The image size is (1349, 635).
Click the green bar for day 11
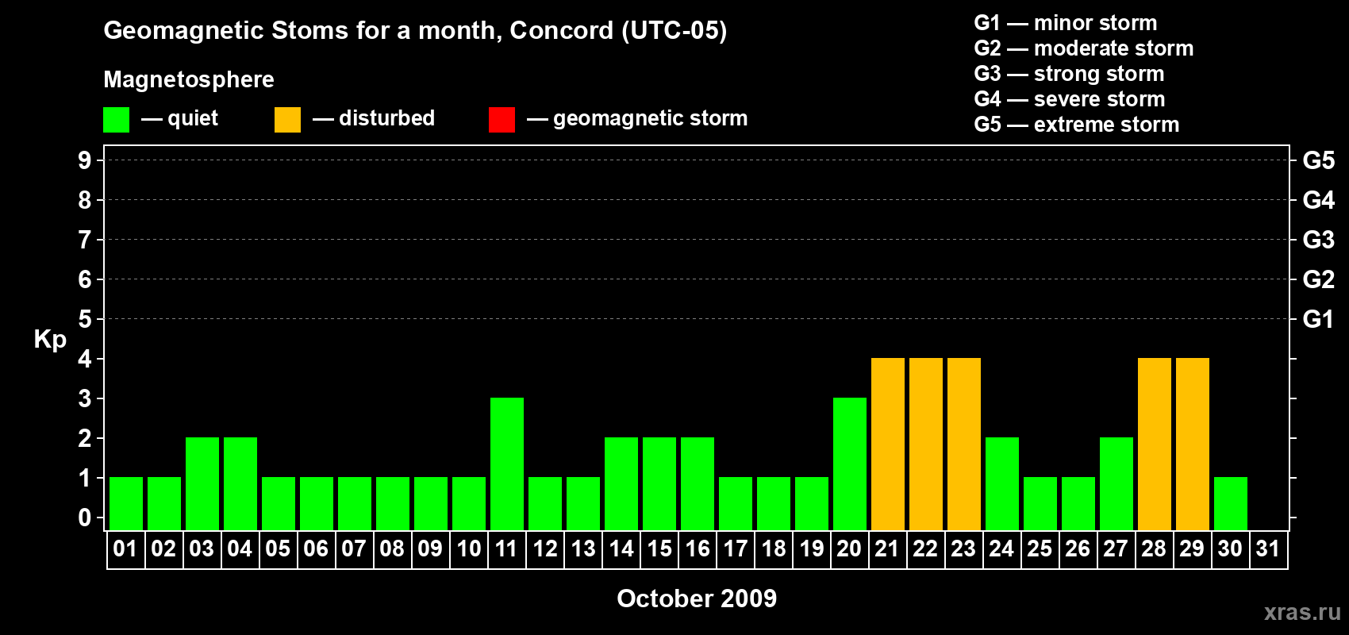pyautogui.click(x=507, y=464)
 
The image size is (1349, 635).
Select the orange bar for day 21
pyautogui.click(x=888, y=444)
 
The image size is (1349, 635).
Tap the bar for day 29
pyautogui.click(x=1193, y=444)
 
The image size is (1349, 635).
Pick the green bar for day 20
pyautogui.click(x=850, y=464)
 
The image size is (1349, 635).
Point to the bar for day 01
pyautogui.click(x=126, y=504)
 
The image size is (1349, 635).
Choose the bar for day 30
pyautogui.click(x=1230, y=504)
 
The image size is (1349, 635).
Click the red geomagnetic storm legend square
pyautogui.click(x=502, y=119)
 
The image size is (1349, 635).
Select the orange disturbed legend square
pyautogui.click(x=287, y=119)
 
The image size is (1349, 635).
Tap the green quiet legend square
pyautogui.click(x=116, y=119)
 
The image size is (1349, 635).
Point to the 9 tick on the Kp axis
pyautogui.click(x=84, y=160)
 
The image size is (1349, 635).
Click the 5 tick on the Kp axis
pyautogui.click(x=84, y=319)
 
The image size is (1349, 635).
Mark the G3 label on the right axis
pyautogui.click(x=1319, y=240)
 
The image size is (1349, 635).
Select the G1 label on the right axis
pyautogui.click(x=1318, y=319)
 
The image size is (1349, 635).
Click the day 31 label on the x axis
pyautogui.click(x=1268, y=548)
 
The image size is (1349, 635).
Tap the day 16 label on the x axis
pyautogui.click(x=698, y=548)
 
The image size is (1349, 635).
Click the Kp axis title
pyautogui.click(x=50, y=340)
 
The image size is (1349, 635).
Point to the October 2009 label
pyautogui.click(x=697, y=598)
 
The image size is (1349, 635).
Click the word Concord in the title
pyautogui.click(x=561, y=30)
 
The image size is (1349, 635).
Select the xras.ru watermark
pyautogui.click(x=1303, y=612)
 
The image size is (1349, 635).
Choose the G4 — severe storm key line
pyautogui.click(x=1070, y=98)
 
